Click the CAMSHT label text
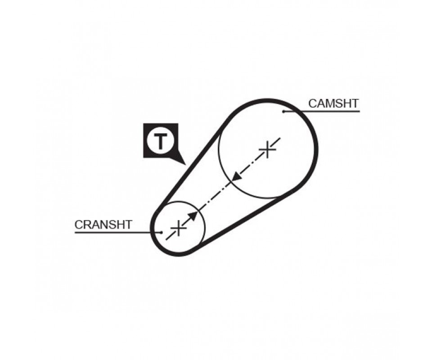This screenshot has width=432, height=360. (x=333, y=103)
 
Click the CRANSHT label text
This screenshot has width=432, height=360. (x=103, y=225)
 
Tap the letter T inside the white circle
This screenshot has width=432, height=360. (x=160, y=141)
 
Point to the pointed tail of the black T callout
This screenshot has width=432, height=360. (x=184, y=164)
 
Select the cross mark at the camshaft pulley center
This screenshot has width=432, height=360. (x=267, y=149)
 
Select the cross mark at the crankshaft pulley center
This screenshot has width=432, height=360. (x=179, y=228)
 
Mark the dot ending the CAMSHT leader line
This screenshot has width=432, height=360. (x=283, y=111)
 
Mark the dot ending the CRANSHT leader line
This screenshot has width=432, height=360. (x=161, y=232)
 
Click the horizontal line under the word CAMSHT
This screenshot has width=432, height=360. (x=321, y=111)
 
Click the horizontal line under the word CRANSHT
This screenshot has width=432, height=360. (x=118, y=232)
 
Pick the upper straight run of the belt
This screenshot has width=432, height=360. (x=193, y=162)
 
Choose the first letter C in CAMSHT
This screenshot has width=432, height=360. (x=313, y=103)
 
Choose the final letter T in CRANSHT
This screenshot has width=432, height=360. (x=128, y=225)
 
